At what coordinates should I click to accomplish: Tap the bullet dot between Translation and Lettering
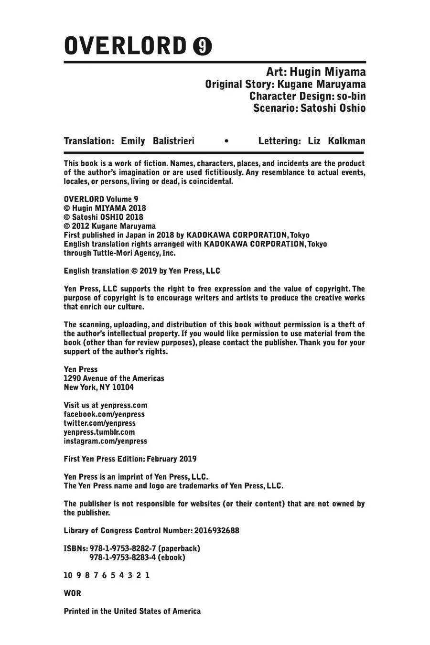(x=226, y=141)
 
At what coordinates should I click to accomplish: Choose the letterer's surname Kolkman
(x=346, y=141)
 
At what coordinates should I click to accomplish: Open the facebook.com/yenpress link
(x=104, y=414)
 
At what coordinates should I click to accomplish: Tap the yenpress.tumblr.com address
(x=99, y=432)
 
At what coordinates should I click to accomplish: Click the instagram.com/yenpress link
(x=106, y=441)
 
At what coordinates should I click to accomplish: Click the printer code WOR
(x=73, y=593)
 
